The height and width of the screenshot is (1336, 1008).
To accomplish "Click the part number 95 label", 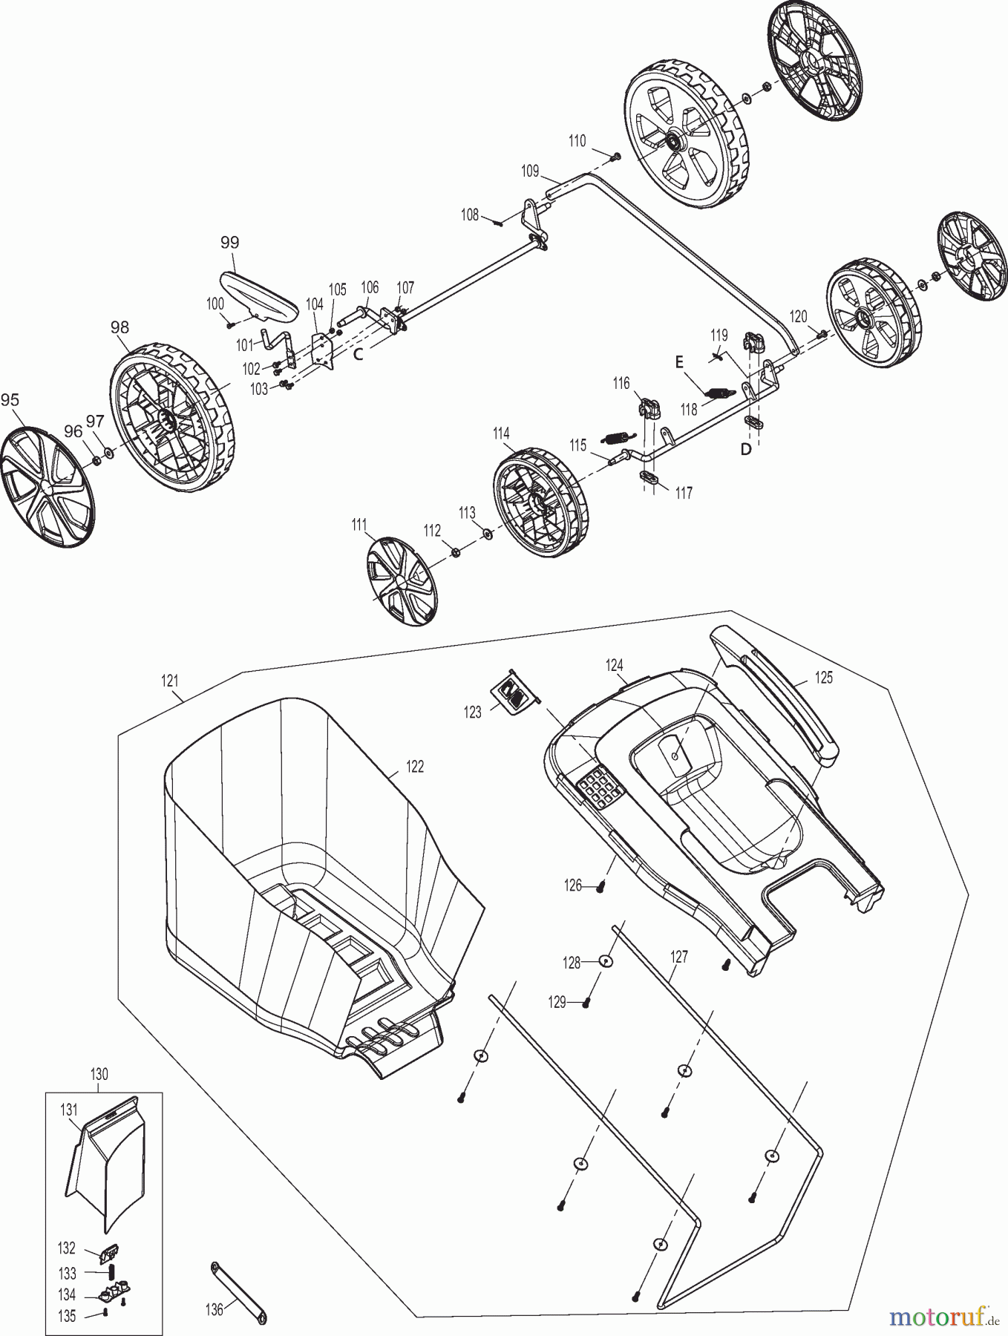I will [10, 400].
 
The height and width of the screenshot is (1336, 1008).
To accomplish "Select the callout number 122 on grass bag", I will [415, 766].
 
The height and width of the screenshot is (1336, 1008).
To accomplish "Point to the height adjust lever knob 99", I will [258, 295].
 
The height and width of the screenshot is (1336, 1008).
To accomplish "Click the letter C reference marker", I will [358, 355].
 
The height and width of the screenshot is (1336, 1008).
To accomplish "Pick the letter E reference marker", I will [678, 363].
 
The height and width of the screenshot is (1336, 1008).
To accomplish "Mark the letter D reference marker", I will [746, 450].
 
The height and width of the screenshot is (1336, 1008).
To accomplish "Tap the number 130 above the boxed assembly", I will [99, 1074].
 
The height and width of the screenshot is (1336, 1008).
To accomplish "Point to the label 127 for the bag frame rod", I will [678, 957].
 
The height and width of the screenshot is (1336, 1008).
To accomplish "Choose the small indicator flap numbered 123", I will [512, 692].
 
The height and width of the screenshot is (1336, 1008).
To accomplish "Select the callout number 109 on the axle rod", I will [529, 171].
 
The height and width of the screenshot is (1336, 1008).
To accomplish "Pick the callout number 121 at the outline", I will [171, 680].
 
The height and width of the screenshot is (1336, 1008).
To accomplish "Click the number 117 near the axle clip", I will [683, 492].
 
